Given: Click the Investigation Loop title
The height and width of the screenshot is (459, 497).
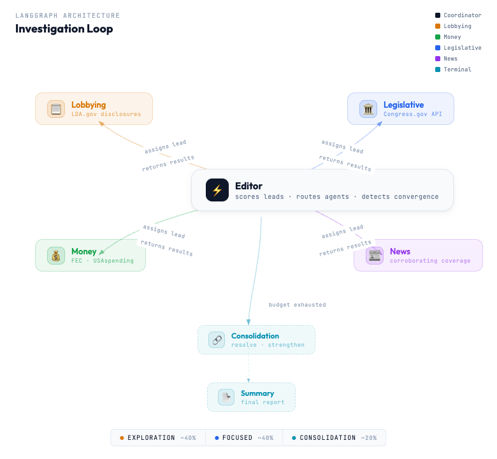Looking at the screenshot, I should point(64,29).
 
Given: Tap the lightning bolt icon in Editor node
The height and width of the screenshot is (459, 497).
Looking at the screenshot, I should point(217,190).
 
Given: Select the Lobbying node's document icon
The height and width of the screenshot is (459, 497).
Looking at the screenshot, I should point(56,109).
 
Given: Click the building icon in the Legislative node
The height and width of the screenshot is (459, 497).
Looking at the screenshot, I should point(368,109).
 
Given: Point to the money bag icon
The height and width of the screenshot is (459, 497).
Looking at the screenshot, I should point(56,256).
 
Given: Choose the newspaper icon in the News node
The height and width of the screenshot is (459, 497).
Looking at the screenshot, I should point(375,256).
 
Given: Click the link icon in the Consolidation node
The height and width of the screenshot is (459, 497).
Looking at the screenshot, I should point(217,340).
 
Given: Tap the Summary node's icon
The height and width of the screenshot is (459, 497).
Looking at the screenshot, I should point(226,397).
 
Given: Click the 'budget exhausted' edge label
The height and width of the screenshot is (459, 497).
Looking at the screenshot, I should point(297,305).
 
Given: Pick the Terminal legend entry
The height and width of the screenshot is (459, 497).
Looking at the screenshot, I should point(457,69).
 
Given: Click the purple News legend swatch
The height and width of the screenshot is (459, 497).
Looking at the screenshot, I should point(438,59).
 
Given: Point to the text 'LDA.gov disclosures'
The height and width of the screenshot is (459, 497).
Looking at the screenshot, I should point(106,114).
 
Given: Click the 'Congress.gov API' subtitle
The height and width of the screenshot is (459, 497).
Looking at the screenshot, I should point(412,114).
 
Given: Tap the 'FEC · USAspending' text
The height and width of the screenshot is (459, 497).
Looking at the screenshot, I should point(103,261).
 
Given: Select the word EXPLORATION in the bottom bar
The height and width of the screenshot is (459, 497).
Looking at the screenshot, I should point(151,438).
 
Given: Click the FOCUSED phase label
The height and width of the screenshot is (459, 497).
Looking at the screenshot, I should point(238,438).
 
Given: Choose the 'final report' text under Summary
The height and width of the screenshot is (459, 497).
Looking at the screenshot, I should point(262,402).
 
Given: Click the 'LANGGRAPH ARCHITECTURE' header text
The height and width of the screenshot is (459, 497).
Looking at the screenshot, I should point(68,15).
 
